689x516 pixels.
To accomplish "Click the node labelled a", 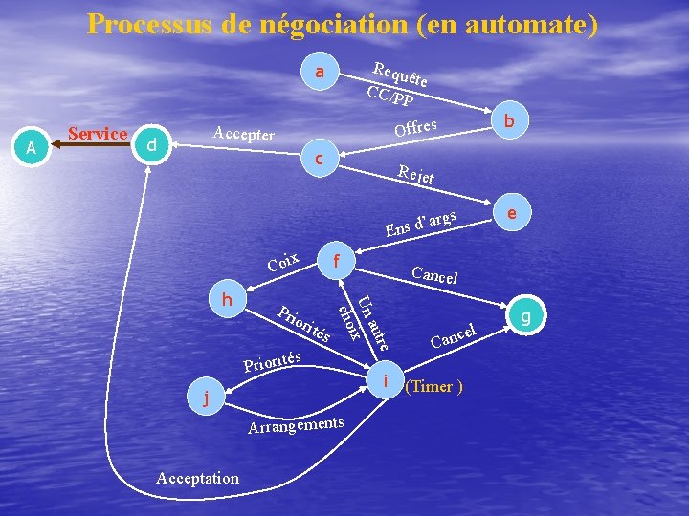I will [321, 73].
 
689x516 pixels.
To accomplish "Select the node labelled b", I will [510, 121].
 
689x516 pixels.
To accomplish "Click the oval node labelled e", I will [514, 214].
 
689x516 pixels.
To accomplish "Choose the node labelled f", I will [338, 260].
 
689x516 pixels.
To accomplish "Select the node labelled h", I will [228, 299].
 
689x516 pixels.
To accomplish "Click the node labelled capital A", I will [32, 148].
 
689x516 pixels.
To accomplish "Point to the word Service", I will [98, 134].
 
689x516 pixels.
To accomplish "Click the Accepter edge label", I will [243, 134].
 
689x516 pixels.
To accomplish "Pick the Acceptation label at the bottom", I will [197, 478].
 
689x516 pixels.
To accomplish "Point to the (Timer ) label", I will [434, 387].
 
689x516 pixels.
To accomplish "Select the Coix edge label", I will [285, 262].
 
